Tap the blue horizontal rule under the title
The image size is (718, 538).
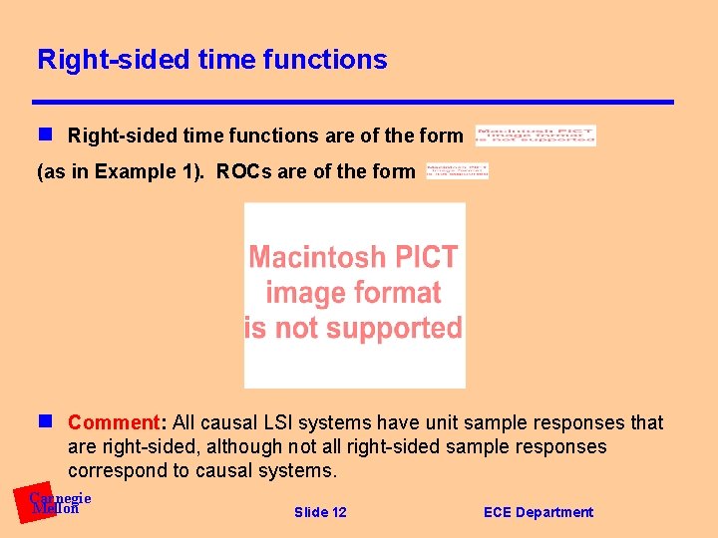point(353,102)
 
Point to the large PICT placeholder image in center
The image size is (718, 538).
point(354,295)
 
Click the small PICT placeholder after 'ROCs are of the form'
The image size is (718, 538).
point(457,171)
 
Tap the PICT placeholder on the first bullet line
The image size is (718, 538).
point(536,135)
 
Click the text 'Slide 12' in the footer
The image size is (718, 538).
point(320,512)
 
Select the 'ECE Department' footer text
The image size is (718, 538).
point(538,512)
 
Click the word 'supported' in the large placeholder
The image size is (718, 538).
point(400,328)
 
